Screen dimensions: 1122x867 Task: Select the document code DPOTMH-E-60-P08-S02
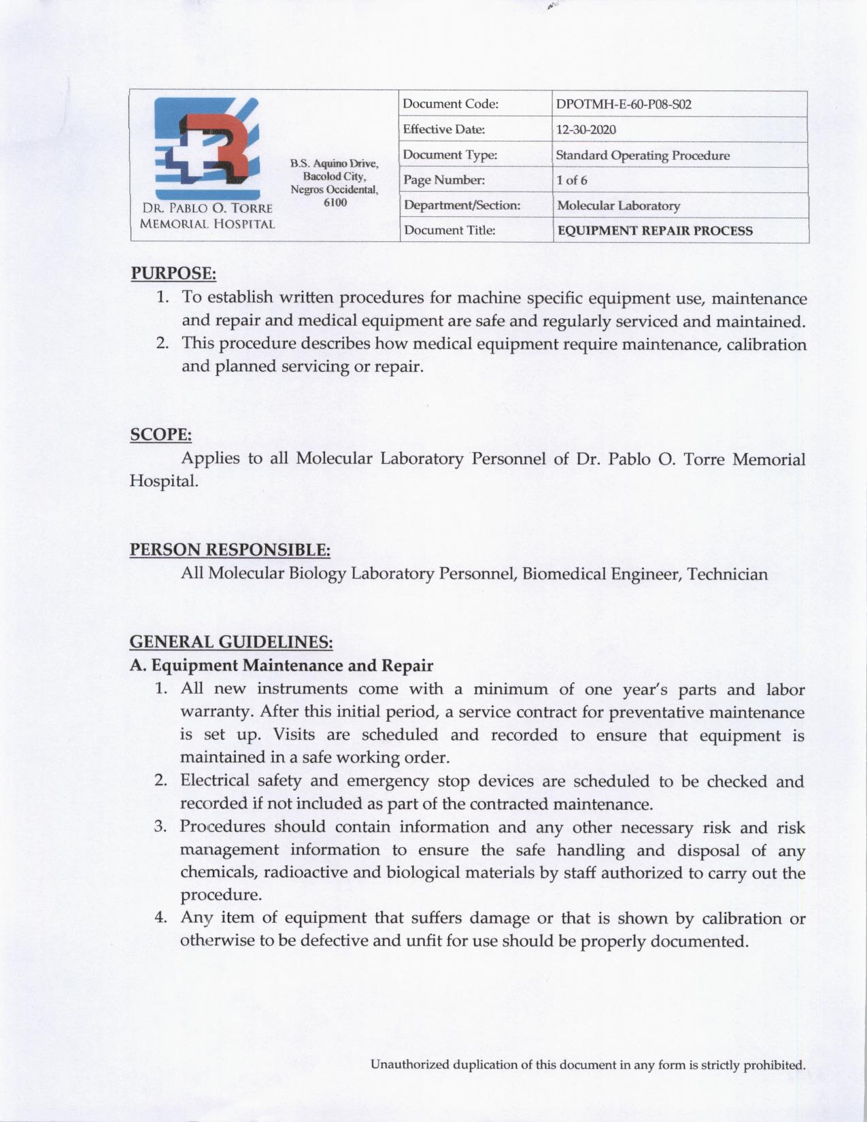[x=624, y=104]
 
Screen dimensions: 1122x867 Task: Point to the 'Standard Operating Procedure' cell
[x=643, y=155]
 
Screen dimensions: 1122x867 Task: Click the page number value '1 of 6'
[x=572, y=180]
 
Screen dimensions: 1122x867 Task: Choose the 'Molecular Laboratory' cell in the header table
[x=618, y=205]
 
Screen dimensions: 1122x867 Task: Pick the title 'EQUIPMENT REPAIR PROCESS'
[x=655, y=231]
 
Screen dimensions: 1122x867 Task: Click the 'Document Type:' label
[x=450, y=155]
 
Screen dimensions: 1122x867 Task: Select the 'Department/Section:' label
[x=462, y=205]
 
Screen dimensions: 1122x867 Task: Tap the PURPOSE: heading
[x=173, y=273]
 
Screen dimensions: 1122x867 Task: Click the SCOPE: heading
[x=160, y=435]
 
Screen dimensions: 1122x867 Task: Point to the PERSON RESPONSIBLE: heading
[x=230, y=549]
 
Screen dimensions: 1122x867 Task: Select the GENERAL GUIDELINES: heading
[x=231, y=641]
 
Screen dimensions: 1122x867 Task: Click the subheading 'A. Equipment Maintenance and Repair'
[x=282, y=664]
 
